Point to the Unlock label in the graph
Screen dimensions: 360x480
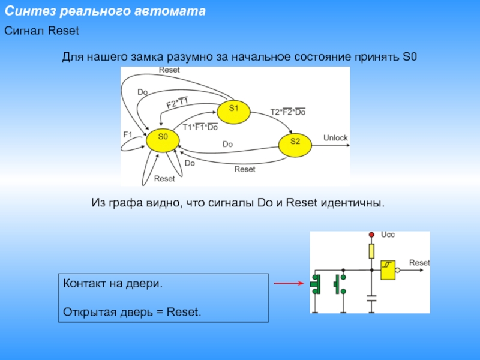pyautogui.click(x=335, y=138)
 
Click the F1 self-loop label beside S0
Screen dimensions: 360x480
pyautogui.click(x=127, y=134)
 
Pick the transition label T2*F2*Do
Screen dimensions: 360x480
pyautogui.click(x=288, y=112)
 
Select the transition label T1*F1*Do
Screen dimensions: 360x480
pyautogui.click(x=200, y=127)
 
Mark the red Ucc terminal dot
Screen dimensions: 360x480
pyautogui.click(x=371, y=234)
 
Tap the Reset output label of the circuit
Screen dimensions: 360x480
pyautogui.click(x=419, y=263)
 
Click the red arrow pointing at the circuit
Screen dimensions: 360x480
pyautogui.click(x=289, y=283)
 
